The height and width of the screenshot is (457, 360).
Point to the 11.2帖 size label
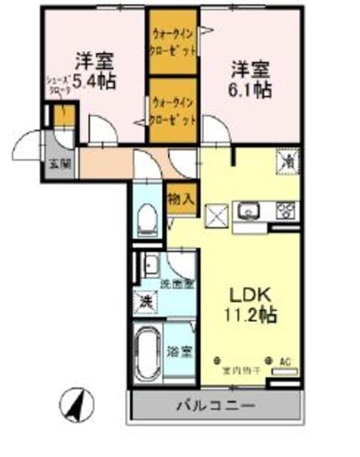click(x=250, y=313)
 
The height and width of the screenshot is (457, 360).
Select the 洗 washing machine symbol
click(x=145, y=301)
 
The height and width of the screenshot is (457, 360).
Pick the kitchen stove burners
click(x=286, y=210)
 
